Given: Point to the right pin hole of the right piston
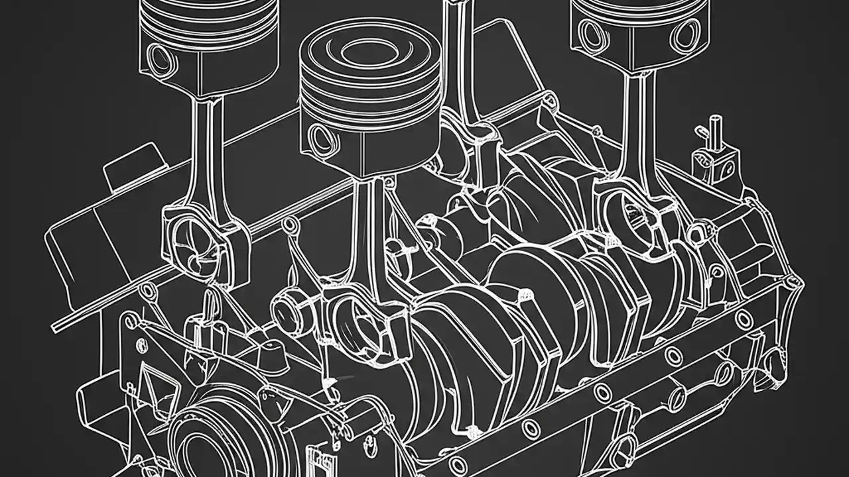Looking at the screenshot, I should pos(683,36).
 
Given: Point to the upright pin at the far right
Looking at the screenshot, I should pos(715,129).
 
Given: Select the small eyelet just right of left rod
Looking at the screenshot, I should pos(290,226).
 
